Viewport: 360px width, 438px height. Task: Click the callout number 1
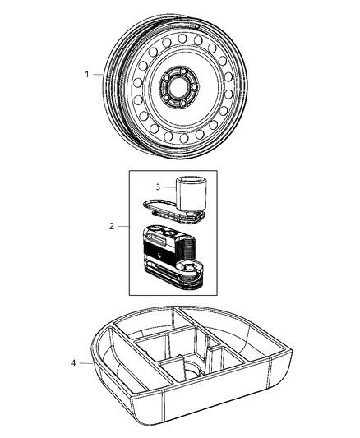pyautogui.click(x=85, y=74)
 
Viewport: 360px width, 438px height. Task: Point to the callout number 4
pyautogui.click(x=74, y=363)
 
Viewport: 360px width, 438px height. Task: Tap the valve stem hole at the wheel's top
pyautogui.click(x=200, y=25)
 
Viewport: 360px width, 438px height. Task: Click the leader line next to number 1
pyautogui.click(x=99, y=74)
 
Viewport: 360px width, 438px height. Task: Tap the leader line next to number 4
pyautogui.click(x=85, y=363)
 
